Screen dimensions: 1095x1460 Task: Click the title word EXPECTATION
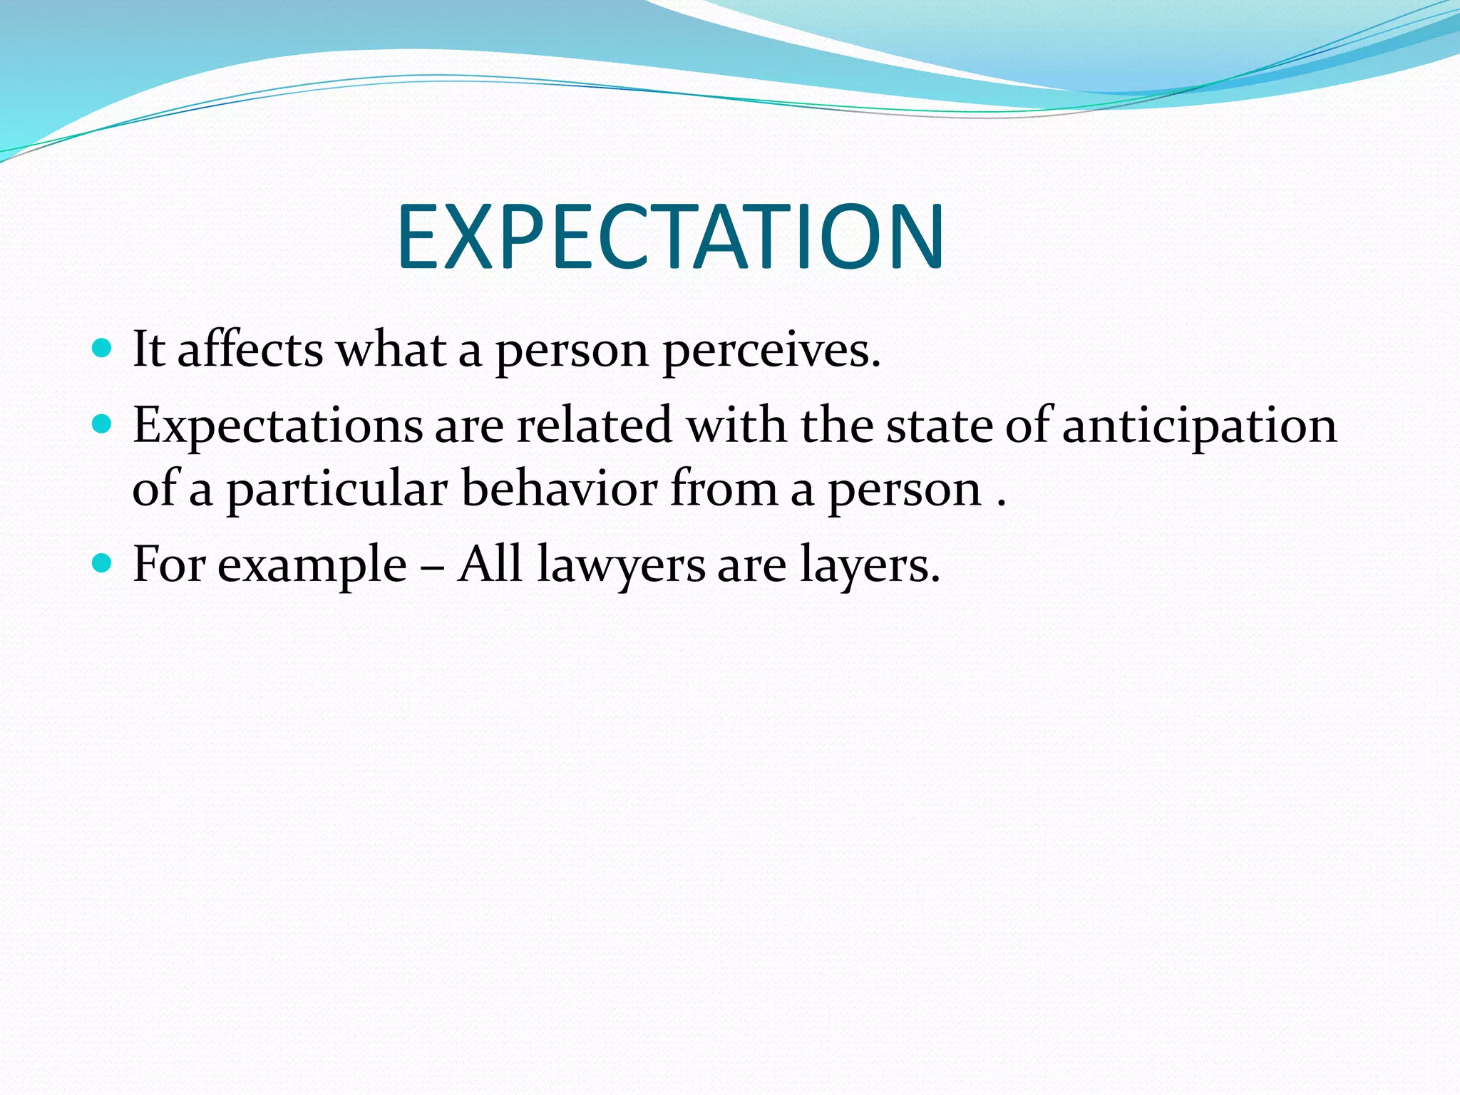point(670,237)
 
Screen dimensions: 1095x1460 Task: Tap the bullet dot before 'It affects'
point(103,349)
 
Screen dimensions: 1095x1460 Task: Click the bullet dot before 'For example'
point(103,564)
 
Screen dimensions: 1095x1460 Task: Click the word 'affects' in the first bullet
point(250,349)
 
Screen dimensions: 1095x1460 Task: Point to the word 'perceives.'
point(771,351)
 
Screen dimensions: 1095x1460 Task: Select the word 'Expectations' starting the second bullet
point(278,426)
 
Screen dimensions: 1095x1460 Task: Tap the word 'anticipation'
point(1199,426)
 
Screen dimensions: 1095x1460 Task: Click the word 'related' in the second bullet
point(595,425)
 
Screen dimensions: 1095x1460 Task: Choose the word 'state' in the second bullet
point(939,426)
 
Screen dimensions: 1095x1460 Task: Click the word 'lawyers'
point(620,565)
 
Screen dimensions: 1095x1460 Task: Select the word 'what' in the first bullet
point(391,349)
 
